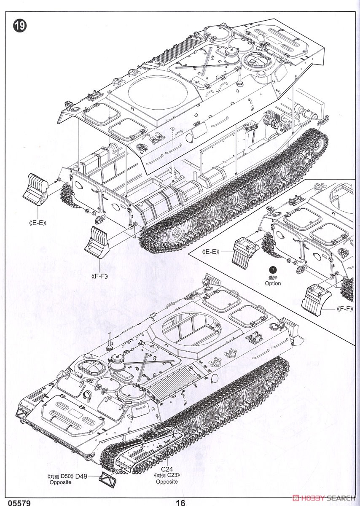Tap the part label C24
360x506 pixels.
(167, 468)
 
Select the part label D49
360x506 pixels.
(81, 476)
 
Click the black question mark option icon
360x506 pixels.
(273, 270)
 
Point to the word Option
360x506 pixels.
(273, 283)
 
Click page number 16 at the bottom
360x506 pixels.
(180, 502)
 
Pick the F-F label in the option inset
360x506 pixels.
(345, 309)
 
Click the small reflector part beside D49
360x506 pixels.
(107, 478)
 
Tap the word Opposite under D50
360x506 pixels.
(60, 482)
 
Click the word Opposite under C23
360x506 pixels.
(167, 482)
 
